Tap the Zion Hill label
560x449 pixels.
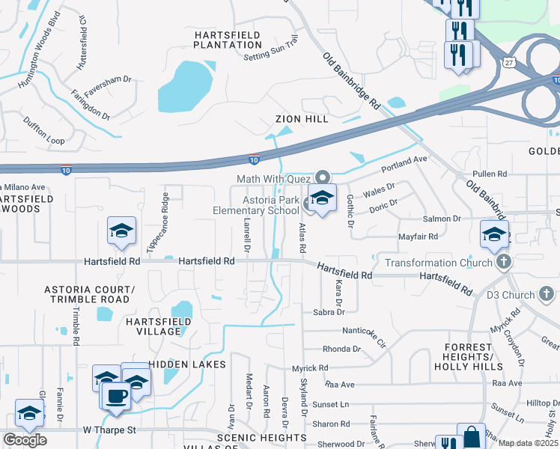click(302, 119)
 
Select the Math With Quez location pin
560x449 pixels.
click(323, 177)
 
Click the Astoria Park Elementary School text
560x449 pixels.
click(270, 205)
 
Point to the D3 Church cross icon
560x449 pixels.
click(548, 293)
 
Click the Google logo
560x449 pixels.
click(25, 440)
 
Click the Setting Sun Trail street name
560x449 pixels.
click(271, 46)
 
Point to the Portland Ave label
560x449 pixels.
click(404, 162)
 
